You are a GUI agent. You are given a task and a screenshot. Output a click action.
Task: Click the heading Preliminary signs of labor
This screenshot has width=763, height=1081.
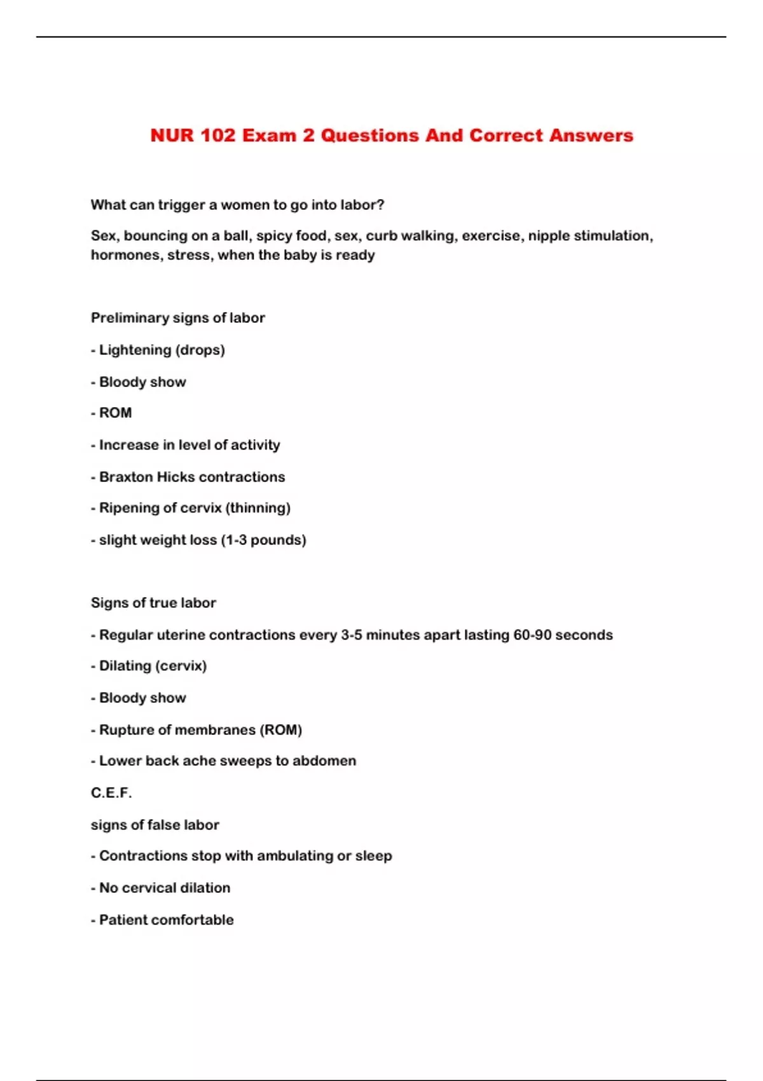(x=177, y=318)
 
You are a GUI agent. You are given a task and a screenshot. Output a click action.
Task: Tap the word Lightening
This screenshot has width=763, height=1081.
(x=135, y=350)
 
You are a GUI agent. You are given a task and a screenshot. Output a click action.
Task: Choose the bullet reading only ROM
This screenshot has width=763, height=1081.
(x=115, y=413)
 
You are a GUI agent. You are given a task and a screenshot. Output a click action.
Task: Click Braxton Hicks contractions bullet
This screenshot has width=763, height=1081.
(x=192, y=477)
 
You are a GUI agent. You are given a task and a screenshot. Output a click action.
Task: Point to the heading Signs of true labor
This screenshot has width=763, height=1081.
(x=153, y=603)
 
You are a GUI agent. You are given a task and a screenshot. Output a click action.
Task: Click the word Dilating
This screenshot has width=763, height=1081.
(x=124, y=666)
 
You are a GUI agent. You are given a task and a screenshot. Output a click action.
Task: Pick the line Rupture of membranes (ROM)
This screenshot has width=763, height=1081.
(x=200, y=730)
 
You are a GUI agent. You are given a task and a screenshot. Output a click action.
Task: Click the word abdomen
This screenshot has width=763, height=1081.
(x=324, y=761)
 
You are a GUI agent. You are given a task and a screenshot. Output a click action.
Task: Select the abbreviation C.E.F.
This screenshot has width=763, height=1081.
(x=111, y=793)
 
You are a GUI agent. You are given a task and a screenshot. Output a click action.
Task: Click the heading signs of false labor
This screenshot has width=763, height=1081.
(x=155, y=825)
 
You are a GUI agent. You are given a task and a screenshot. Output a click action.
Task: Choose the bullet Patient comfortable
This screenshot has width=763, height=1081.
(x=166, y=920)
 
